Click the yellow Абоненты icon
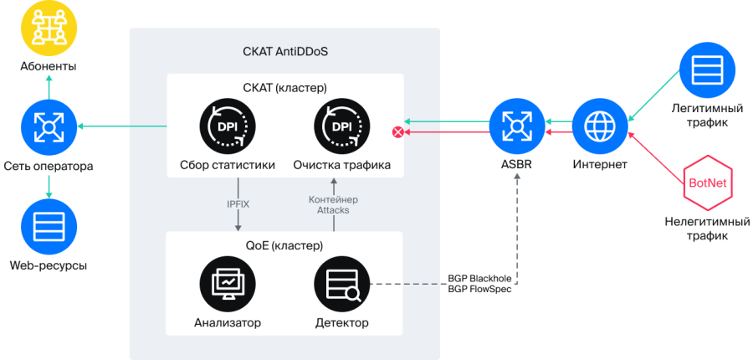49,27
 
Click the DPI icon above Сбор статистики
228,127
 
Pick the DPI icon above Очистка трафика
341,127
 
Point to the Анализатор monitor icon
228,285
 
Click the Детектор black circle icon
341,285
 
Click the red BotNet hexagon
708,183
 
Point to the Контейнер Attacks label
333,205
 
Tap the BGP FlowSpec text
479,289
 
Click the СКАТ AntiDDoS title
285,51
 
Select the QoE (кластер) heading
284,245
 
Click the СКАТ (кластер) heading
284,88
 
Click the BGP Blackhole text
479,278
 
